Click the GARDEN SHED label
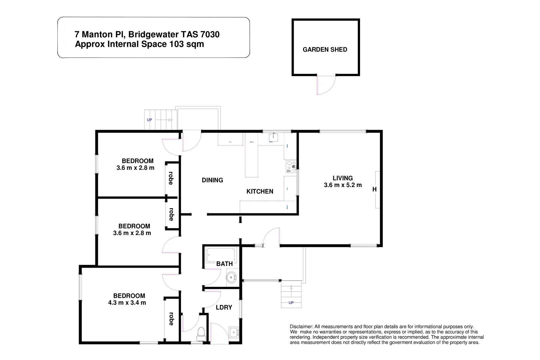pyautogui.click(x=325, y=50)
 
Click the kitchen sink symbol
pyautogui.click(x=273, y=137)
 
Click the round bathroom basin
pyautogui.click(x=231, y=277)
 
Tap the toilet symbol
pyautogui.click(x=201, y=333)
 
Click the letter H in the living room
pyautogui.click(x=374, y=189)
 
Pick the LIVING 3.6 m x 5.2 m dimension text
pyautogui.click(x=343, y=185)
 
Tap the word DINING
pyautogui.click(x=212, y=180)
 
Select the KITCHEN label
pyautogui.click(x=260, y=191)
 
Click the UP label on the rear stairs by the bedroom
pyautogui.click(x=149, y=120)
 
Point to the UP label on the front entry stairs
pyautogui.click(x=291, y=303)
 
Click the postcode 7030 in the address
pyautogui.click(x=210, y=34)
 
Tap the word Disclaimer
pyautogui.click(x=301, y=327)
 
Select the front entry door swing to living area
pyautogui.click(x=272, y=237)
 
